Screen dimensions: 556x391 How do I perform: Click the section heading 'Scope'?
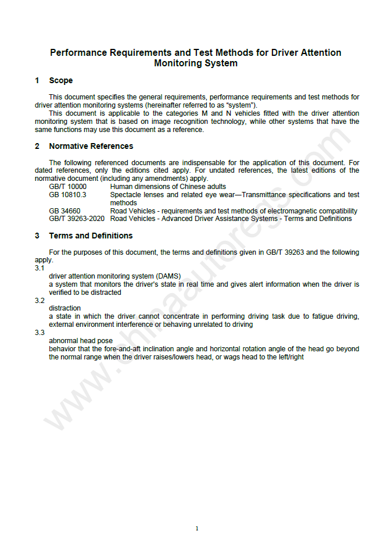point(61,80)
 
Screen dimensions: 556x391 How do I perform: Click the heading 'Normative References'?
point(91,146)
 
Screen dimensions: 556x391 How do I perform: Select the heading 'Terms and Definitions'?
point(91,236)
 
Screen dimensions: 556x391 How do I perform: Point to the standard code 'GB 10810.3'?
point(67,195)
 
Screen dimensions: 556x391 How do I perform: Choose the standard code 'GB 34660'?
point(64,211)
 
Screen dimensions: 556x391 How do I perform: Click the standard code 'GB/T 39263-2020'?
point(77,219)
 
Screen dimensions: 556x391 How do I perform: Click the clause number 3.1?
point(40,268)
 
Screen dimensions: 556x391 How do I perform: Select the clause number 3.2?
point(40,301)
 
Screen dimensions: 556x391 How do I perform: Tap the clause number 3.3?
point(40,333)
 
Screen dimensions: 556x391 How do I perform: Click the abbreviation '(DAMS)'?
point(168,276)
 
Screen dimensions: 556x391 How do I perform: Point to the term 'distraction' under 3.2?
point(65,308)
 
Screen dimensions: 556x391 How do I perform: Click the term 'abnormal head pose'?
point(81,341)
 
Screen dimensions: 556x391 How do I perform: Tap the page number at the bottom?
point(197,529)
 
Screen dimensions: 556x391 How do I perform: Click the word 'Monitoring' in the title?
point(180,63)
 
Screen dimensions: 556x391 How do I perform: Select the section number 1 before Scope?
point(37,80)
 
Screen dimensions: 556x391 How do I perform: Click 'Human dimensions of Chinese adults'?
point(168,187)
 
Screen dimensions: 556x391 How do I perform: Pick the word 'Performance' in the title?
point(77,52)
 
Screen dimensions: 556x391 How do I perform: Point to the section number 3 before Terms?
point(37,236)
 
